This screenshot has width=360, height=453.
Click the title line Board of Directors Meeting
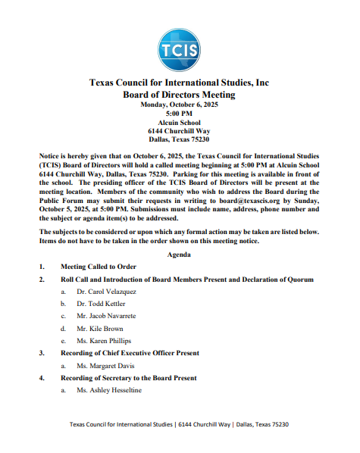pos(179,95)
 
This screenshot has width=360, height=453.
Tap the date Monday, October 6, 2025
pos(179,105)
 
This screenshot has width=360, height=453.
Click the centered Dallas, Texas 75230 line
pos(179,139)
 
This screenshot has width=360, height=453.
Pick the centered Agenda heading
pos(179,254)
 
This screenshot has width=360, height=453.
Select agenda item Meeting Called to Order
pos(99,267)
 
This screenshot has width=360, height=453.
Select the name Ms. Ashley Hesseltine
pos(109,390)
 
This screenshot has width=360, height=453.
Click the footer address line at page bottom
pos(179,425)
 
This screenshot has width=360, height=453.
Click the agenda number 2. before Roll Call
pos(42,280)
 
